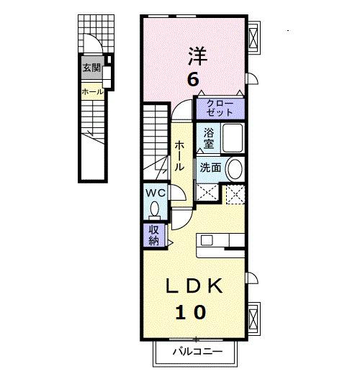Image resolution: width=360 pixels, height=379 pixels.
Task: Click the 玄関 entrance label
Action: click(91, 68)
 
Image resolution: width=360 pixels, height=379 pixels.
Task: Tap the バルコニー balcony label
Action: click(197, 352)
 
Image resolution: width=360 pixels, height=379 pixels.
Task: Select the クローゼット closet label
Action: click(220, 108)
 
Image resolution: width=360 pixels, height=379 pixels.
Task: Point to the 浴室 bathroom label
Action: click(209, 138)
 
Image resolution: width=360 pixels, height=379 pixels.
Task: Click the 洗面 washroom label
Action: click(210, 168)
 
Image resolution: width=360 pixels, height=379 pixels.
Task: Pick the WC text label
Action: click(156, 193)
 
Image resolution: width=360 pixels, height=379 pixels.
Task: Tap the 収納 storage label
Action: click(153, 235)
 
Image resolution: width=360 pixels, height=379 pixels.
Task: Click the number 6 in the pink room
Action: click(193, 80)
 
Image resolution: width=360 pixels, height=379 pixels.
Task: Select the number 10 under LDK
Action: click(191, 312)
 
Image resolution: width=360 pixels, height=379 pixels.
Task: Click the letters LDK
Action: click(194, 286)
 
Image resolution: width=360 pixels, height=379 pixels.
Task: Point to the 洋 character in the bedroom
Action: click(198, 56)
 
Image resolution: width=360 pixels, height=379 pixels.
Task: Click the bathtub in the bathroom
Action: click(233, 138)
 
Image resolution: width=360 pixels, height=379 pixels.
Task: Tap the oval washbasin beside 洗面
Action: click(234, 168)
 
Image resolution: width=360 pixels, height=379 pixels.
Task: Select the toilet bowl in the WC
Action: click(155, 209)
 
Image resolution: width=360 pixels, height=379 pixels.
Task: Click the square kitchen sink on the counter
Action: click(207, 240)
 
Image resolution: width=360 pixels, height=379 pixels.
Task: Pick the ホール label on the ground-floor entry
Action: click(92, 92)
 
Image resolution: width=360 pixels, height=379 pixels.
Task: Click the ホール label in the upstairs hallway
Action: click(179, 156)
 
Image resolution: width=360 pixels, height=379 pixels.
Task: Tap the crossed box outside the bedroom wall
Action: click(253, 37)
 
